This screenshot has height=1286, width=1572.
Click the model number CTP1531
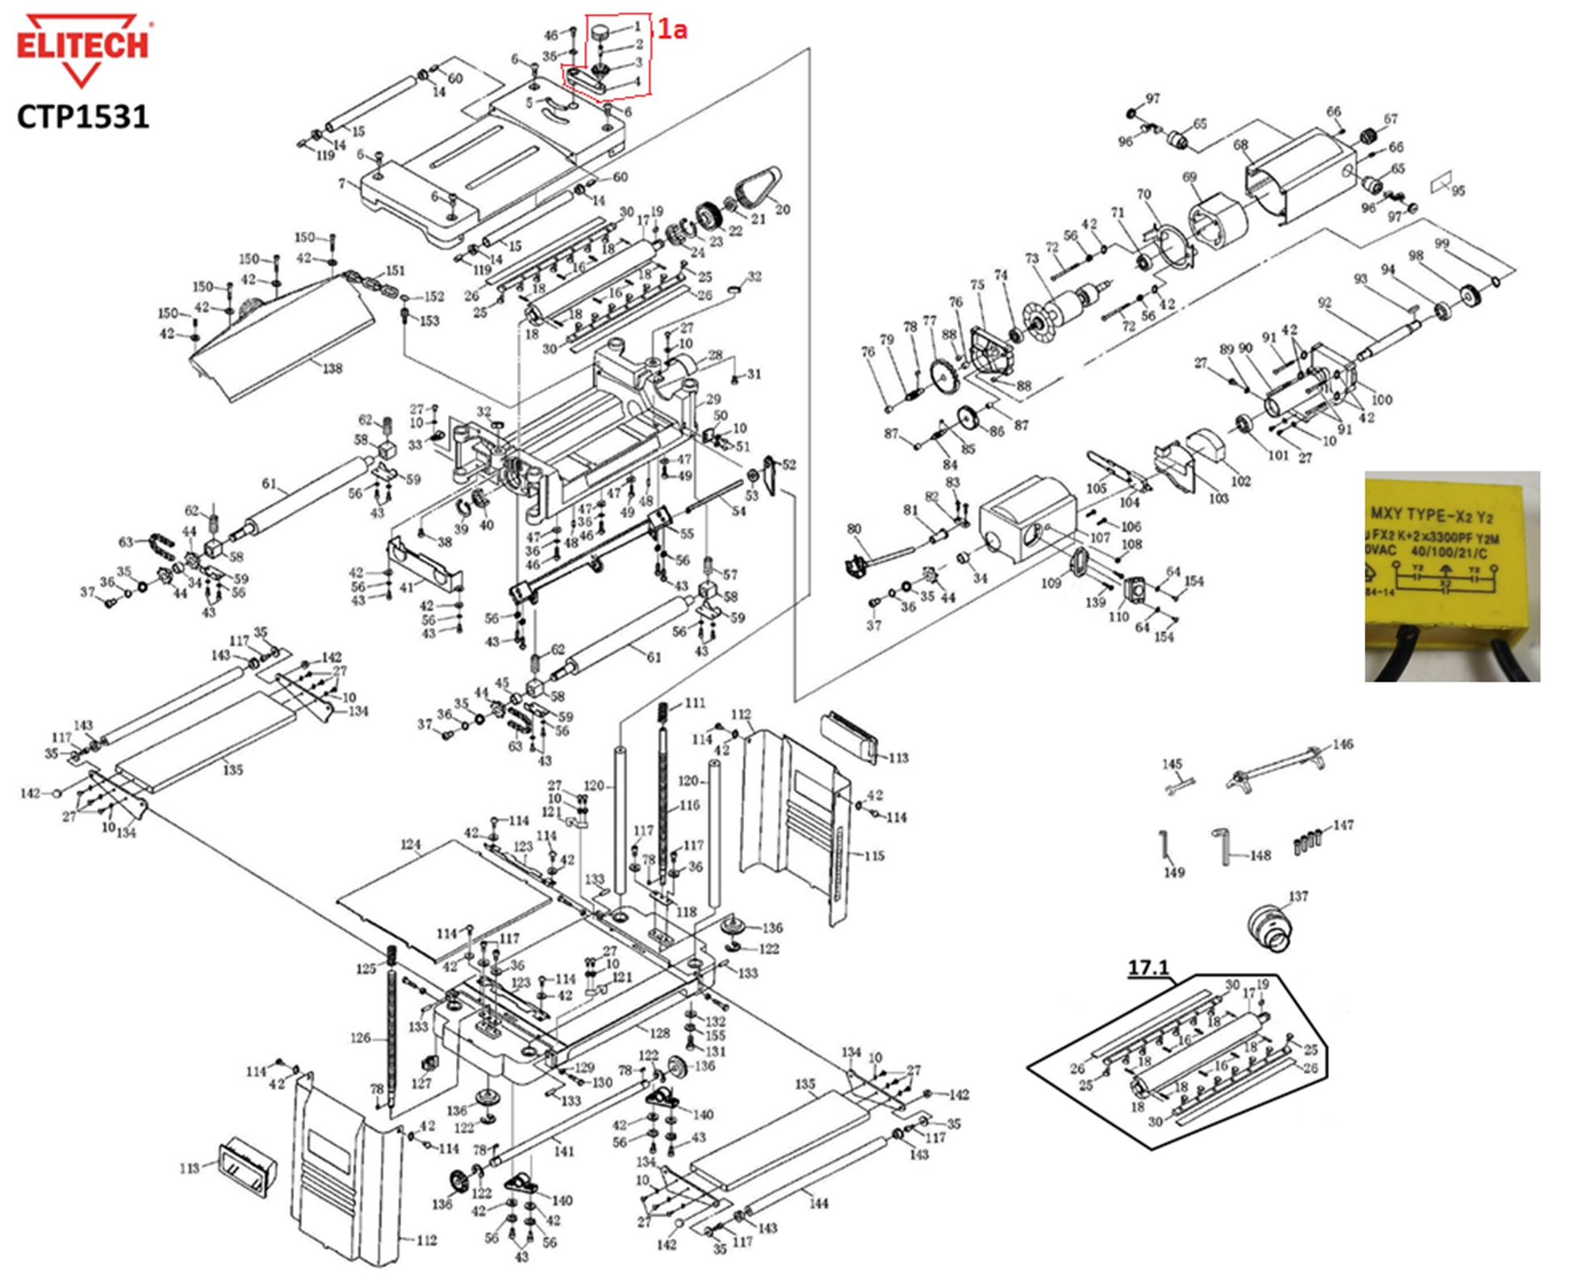83,117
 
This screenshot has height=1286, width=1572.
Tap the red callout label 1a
671,30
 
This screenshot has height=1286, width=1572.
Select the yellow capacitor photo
1452,576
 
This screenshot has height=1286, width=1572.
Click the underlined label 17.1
1148,967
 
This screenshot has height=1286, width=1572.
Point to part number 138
332,369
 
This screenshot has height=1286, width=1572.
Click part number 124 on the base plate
411,845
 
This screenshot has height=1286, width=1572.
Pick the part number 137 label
1298,896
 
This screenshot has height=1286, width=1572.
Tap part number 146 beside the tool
1343,744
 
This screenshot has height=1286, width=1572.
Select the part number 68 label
1241,146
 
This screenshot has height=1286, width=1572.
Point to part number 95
1457,191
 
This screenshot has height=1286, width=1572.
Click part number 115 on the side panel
874,855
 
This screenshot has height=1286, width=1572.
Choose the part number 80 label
855,530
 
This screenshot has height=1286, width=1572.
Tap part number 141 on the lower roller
564,1151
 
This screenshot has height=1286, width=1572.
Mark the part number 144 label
819,1204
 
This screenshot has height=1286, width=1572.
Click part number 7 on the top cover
342,184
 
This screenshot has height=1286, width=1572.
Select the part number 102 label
1240,481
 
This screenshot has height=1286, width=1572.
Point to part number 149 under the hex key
1174,872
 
